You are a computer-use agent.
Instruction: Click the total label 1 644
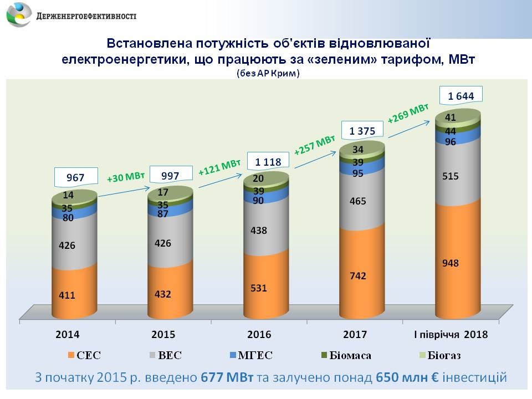[461, 96]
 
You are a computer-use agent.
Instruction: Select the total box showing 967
[75, 178]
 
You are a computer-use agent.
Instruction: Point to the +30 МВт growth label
[126, 177]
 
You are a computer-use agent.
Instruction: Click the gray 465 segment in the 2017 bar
[358, 201]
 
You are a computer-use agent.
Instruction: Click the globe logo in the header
[18, 15]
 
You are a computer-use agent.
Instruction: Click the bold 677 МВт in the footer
[227, 378]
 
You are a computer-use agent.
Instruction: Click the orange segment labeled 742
[358, 275]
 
